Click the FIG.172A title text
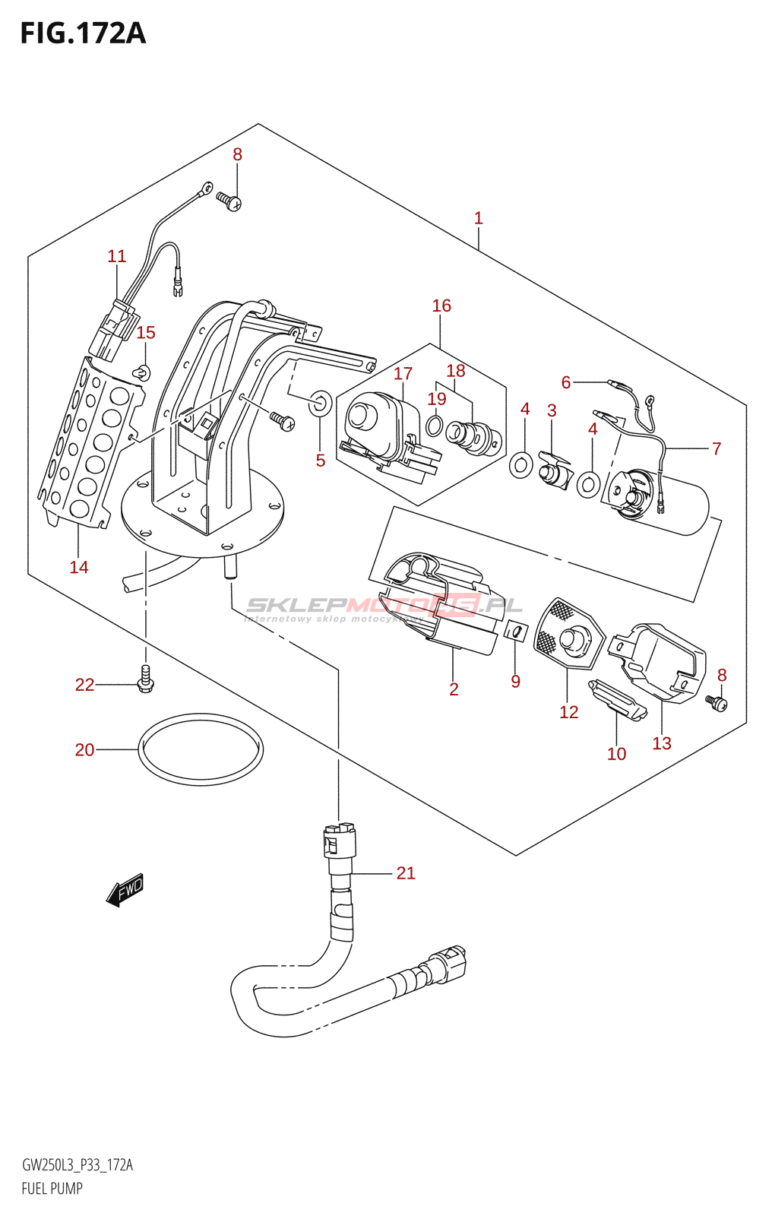(x=83, y=33)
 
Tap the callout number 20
(x=84, y=750)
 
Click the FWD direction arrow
(x=125, y=890)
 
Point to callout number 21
(x=406, y=873)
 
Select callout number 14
(x=79, y=567)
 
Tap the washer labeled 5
(x=320, y=403)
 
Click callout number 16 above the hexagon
(x=441, y=306)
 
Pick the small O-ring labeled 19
(x=435, y=425)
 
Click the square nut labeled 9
(x=517, y=631)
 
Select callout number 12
(x=568, y=712)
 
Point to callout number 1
(x=478, y=218)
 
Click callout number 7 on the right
(x=716, y=448)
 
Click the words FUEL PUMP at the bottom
(x=52, y=1189)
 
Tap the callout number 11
(x=116, y=256)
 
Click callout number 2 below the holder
(x=454, y=689)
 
